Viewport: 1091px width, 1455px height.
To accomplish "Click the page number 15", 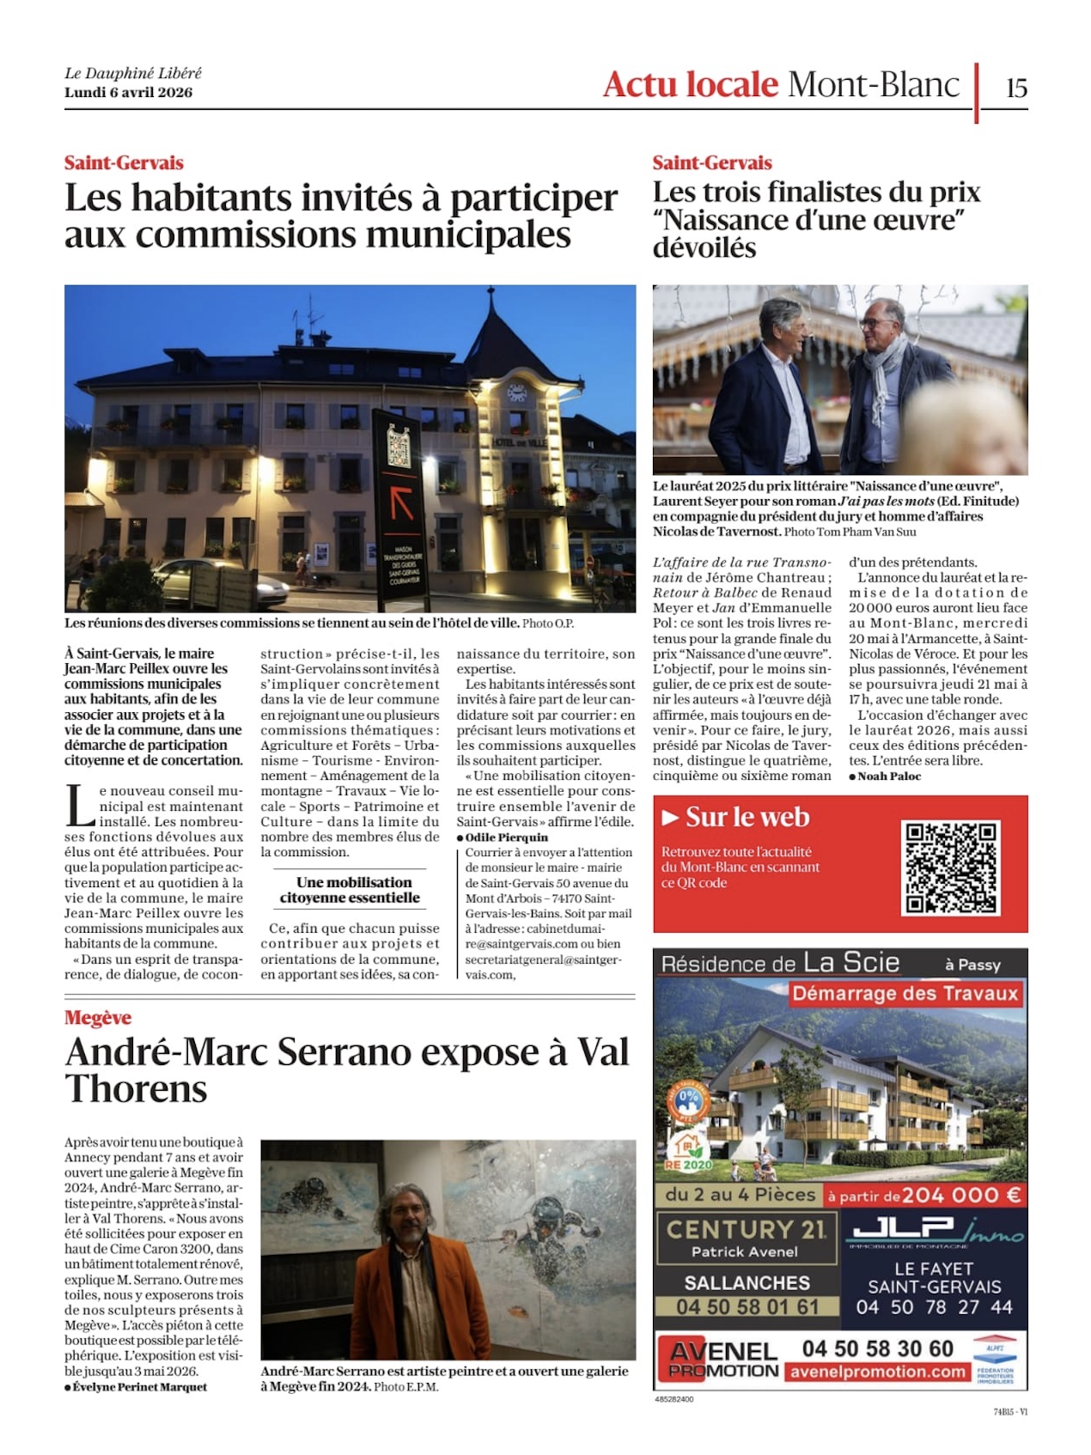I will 1016,88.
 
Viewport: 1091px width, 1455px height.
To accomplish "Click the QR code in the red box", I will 950,868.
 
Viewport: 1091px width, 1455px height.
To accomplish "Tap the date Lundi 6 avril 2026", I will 128,93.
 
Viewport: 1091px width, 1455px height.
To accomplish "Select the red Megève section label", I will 98,1018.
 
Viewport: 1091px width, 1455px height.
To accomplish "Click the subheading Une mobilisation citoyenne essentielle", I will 350,890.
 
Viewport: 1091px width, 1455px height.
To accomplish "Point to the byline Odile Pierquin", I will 506,837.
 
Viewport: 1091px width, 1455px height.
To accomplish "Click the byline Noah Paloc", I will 888,776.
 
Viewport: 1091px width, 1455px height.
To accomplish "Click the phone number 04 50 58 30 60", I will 877,1348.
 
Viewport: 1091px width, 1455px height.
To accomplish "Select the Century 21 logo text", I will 746,1229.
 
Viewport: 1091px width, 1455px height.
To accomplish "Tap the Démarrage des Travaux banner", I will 905,994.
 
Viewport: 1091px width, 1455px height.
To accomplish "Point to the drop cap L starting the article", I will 80,807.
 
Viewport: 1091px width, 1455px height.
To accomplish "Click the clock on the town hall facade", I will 516,393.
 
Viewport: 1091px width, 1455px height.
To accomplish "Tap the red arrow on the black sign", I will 401,502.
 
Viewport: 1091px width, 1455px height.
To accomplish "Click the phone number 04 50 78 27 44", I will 934,1307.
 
